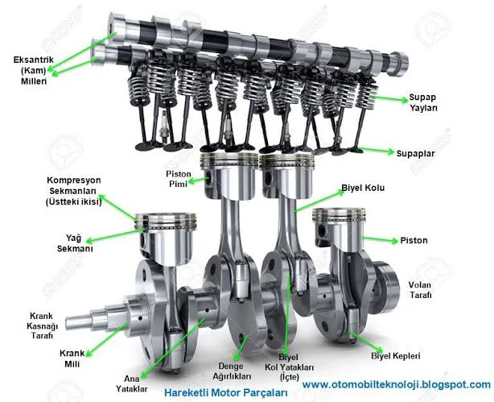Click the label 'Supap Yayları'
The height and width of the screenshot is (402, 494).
point(423,102)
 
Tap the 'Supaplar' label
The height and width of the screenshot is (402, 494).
point(415,153)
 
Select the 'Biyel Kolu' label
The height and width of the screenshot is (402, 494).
point(363,188)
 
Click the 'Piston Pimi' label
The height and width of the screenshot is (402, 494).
point(179,179)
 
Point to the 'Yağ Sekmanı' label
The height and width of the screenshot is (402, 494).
point(75,243)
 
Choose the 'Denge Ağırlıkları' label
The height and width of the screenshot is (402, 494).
point(232,371)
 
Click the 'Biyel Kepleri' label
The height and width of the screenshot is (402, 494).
point(395,356)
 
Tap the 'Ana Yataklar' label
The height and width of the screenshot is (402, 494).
point(131,383)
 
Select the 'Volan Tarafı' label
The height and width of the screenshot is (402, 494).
point(420,290)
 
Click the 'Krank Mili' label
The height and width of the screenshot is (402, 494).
point(72,358)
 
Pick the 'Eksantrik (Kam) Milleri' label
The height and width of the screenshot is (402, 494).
point(34,70)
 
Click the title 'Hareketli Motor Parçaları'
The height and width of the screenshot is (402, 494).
point(226,393)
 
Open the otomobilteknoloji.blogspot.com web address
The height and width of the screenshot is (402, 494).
point(397,384)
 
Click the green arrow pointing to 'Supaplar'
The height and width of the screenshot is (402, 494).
point(376,150)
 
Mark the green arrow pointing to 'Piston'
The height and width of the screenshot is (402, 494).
point(379,239)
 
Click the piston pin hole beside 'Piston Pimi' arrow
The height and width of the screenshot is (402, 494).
point(208,178)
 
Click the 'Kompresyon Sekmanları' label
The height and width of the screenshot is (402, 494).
point(74,191)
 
